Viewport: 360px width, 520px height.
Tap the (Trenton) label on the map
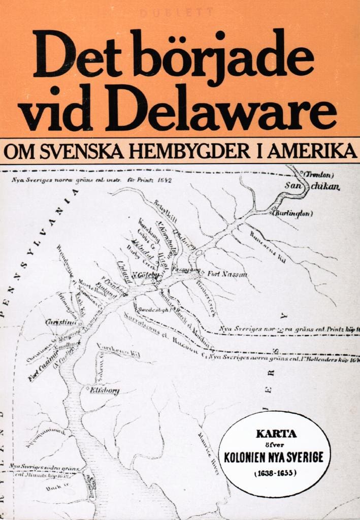point(318,175)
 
